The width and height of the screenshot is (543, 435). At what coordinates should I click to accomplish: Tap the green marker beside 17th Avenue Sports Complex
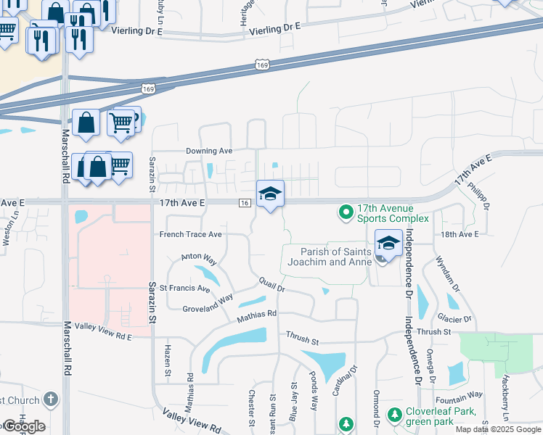346,212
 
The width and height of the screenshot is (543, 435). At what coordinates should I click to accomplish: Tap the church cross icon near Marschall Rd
50,399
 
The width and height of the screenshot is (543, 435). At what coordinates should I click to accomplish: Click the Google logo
23,426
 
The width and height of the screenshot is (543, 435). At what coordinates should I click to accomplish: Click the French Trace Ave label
190,235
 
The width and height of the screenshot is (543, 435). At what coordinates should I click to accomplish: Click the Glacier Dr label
454,318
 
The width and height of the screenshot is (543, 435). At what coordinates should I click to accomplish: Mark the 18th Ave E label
459,234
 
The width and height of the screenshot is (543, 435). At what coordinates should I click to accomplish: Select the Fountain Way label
459,395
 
